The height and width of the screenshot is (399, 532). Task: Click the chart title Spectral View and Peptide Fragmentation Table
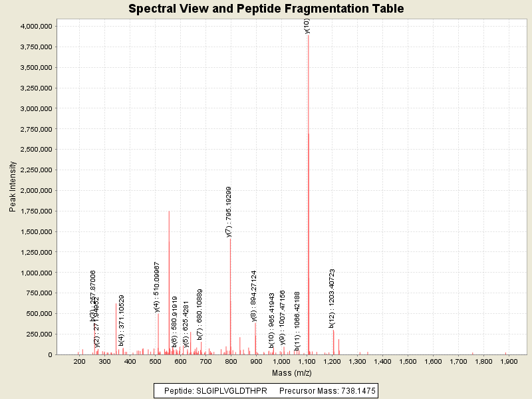tap(266, 9)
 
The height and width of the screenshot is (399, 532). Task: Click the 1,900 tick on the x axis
tap(509, 361)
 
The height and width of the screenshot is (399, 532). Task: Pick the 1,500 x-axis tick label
tap(408, 361)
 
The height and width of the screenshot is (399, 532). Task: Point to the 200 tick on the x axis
tap(79, 361)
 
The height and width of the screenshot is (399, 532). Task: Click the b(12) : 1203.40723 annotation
tap(332, 298)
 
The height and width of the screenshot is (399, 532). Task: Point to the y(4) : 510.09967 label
tap(157, 287)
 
